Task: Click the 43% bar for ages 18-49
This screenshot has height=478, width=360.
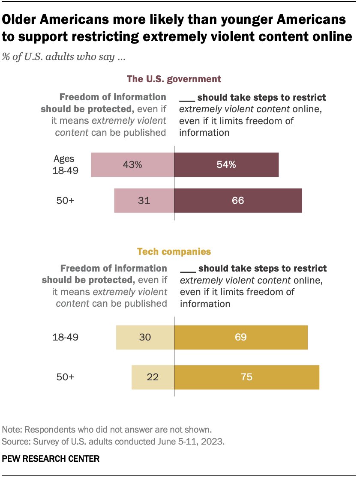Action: click(x=132, y=165)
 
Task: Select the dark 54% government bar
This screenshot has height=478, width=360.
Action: click(x=226, y=165)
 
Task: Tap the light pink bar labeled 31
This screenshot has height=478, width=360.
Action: click(x=144, y=200)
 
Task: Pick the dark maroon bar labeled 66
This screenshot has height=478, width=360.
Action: click(x=238, y=200)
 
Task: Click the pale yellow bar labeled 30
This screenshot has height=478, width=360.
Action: click(x=145, y=337)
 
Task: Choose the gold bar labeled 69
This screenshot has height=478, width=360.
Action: click(x=241, y=337)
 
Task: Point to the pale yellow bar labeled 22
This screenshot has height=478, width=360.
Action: click(x=153, y=377)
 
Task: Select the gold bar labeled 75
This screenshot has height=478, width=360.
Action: click(x=247, y=377)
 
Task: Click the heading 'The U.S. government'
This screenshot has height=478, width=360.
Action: click(x=174, y=79)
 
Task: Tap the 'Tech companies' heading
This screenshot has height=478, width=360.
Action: click(x=174, y=251)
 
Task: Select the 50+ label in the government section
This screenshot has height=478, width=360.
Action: click(x=66, y=200)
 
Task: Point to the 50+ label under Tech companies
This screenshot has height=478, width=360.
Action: click(x=66, y=377)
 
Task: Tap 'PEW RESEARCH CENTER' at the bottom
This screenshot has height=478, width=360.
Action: click(x=51, y=459)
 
